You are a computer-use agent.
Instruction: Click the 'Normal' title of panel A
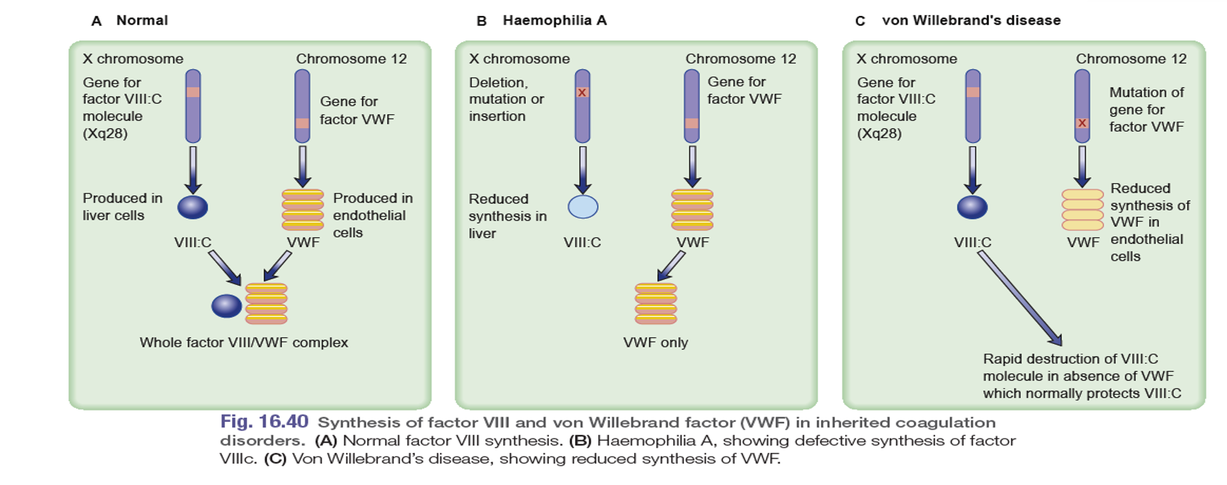click(142, 21)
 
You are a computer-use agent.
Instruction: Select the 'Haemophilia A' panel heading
click(554, 21)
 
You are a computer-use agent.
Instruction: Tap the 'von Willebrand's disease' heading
click(970, 21)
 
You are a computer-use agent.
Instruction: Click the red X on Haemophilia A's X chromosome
click(582, 92)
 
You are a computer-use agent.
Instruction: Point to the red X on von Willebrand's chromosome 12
click(1082, 123)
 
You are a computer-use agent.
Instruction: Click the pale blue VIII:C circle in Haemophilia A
click(583, 207)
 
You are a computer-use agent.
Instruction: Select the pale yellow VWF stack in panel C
click(1082, 209)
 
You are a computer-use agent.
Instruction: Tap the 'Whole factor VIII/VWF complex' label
click(243, 343)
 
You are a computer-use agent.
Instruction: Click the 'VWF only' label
click(655, 343)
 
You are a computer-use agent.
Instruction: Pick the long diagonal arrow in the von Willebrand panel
click(1019, 298)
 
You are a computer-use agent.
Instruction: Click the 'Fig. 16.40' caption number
click(265, 422)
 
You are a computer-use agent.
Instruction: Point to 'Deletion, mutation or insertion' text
click(506, 99)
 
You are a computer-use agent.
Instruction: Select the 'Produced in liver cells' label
click(122, 207)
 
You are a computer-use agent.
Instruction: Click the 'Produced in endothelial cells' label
click(372, 215)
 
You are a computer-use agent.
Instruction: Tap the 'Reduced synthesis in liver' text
click(507, 216)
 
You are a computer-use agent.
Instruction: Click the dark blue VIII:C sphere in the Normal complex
click(227, 306)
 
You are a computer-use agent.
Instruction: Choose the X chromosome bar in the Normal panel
click(193, 106)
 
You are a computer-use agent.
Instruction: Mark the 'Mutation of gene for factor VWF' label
click(1146, 110)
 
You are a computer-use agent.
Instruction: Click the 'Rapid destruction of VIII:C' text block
click(1081, 376)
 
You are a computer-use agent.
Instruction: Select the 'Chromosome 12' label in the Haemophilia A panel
click(740, 58)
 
